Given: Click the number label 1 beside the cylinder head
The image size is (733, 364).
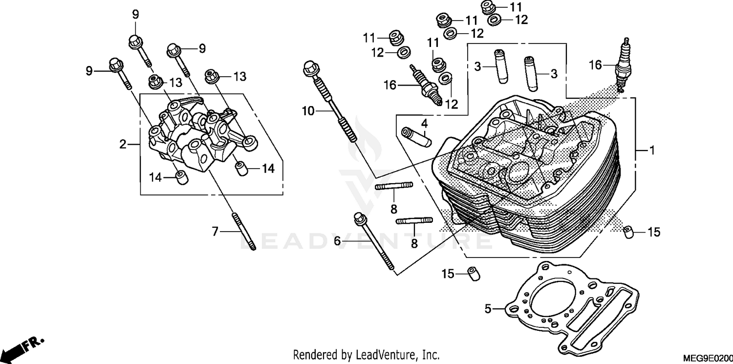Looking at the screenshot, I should [x=651, y=151].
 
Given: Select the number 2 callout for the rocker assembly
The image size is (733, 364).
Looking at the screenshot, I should [x=123, y=144].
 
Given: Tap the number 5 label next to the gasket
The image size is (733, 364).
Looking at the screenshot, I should [x=487, y=309].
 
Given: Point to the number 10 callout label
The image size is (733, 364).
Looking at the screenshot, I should [x=308, y=111].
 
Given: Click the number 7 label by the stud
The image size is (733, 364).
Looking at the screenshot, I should [x=215, y=231].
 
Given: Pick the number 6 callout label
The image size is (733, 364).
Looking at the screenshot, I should [x=337, y=240].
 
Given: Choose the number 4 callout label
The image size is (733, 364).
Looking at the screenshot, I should [x=425, y=122].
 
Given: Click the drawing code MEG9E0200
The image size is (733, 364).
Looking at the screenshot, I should [x=711, y=358].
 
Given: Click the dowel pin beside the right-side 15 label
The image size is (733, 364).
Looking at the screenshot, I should [x=629, y=233].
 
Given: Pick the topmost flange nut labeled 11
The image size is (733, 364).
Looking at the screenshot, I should [x=488, y=7].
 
